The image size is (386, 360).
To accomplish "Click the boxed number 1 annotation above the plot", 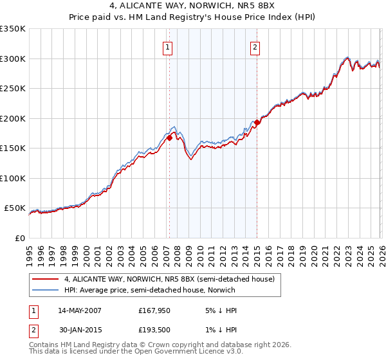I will tap(168, 46).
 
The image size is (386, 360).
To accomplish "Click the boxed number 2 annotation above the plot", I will tap(255, 46).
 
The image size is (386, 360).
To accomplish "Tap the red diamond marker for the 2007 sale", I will tap(169, 137).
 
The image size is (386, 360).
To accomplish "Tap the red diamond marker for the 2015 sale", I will tap(257, 122).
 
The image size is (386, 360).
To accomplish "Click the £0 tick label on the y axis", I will tap(19, 239).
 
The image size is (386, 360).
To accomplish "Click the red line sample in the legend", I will tap(45, 279).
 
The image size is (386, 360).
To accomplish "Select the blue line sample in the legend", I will tap(45, 290).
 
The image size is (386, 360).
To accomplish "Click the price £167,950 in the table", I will tap(154, 310).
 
